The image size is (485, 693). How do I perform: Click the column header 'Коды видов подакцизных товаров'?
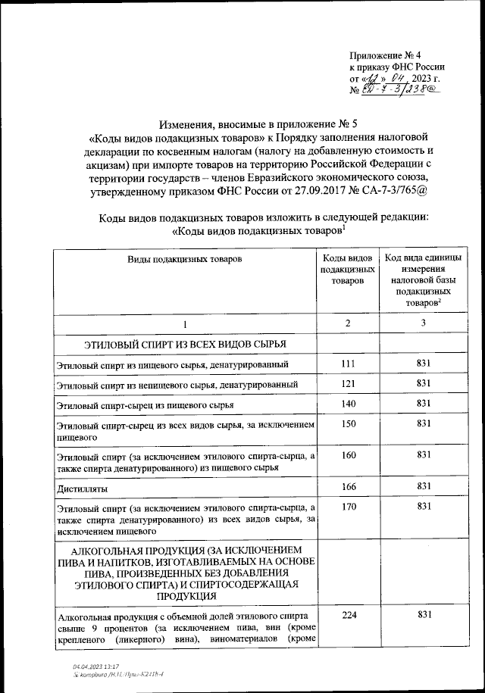(348, 270)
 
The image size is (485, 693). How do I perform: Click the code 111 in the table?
(348, 364)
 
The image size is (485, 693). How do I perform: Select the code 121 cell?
(348, 384)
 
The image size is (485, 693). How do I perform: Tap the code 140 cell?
(348, 404)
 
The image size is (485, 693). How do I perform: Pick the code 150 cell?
(348, 425)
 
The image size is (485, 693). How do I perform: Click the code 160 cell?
(348, 454)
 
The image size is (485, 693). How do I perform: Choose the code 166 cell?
(348, 485)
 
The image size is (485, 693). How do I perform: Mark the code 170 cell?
(348, 506)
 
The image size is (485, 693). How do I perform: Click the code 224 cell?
(348, 615)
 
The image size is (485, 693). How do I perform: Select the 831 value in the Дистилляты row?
(424, 485)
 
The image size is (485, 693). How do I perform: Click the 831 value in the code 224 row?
(424, 615)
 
